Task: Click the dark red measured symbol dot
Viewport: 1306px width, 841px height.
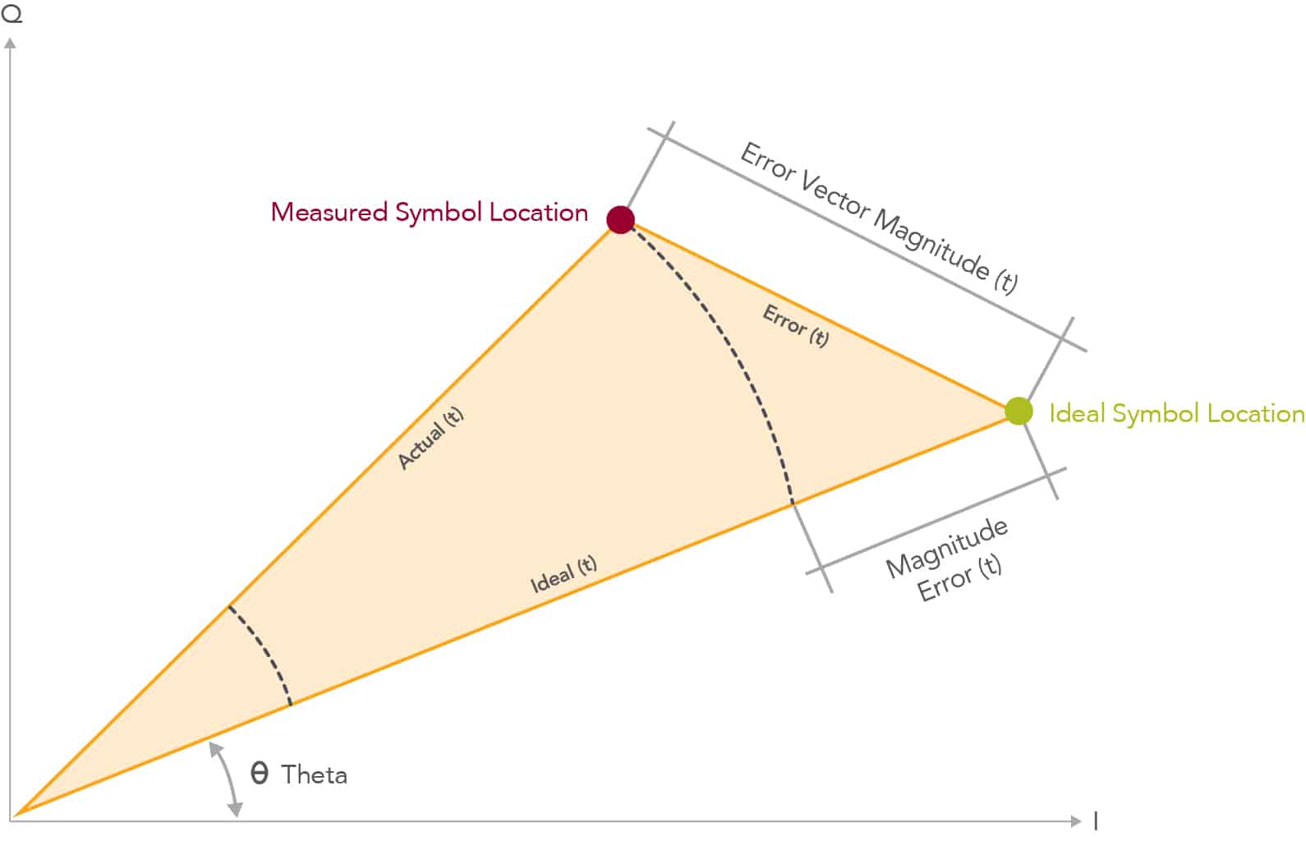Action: pyautogui.click(x=620, y=220)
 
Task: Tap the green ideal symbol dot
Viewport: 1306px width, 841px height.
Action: pyautogui.click(x=1019, y=411)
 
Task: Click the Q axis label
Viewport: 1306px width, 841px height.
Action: pyautogui.click(x=11, y=13)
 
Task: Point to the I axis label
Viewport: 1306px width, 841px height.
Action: pyautogui.click(x=1096, y=820)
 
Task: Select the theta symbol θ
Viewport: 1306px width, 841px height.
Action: pyautogui.click(x=260, y=774)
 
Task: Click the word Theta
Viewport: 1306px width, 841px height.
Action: pyautogui.click(x=315, y=774)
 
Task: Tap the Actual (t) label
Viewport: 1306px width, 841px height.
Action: pyautogui.click(x=430, y=438)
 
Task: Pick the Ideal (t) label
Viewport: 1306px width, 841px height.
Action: pyautogui.click(x=563, y=574)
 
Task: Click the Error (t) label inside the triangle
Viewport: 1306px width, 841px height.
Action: pyautogui.click(x=796, y=326)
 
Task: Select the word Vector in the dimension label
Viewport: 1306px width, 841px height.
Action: pyautogui.click(x=835, y=197)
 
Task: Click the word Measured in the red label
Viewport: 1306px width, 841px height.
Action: pyautogui.click(x=329, y=212)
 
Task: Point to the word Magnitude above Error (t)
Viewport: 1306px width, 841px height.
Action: pyautogui.click(x=947, y=548)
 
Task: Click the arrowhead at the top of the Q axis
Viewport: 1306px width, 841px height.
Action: pyautogui.click(x=10, y=44)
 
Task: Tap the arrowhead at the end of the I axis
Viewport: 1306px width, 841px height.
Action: pyautogui.click(x=1076, y=820)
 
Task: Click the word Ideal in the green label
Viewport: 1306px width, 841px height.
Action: pyautogui.click(x=1078, y=413)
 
